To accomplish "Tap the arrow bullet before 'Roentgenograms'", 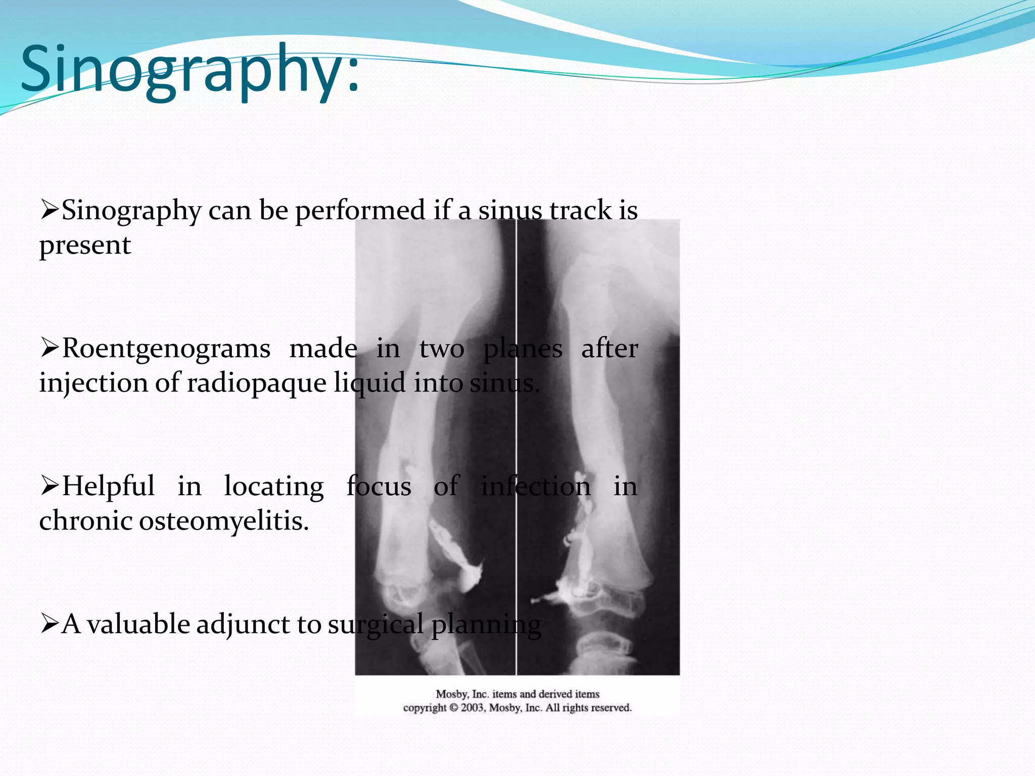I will click(x=50, y=348).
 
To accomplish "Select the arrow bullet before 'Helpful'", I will click(x=50, y=486).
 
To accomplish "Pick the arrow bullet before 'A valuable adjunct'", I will click(x=50, y=623).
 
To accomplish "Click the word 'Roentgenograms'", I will click(x=166, y=349).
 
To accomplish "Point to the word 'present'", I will click(x=85, y=246).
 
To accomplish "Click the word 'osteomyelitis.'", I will click(x=224, y=521).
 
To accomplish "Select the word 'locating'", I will click(x=274, y=487).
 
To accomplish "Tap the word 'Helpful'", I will click(x=108, y=487).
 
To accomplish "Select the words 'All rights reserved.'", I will click(x=589, y=708).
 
